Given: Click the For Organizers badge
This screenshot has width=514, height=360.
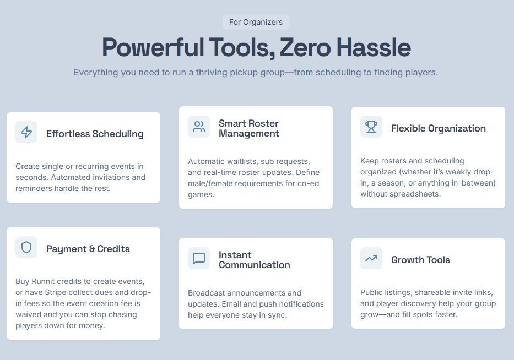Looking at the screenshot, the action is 256,22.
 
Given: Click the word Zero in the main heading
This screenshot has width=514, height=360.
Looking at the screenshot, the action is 305,47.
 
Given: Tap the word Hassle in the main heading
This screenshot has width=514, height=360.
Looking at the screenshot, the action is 374,47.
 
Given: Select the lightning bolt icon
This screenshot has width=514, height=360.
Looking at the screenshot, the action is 26,132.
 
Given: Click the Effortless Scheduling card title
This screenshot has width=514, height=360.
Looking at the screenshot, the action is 95,134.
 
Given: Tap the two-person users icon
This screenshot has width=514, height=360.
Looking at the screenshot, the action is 199,127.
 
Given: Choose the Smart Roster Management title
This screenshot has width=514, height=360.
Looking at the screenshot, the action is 249,128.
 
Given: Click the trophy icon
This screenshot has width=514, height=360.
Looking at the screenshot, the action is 371,127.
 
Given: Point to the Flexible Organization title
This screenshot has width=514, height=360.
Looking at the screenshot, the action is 439,128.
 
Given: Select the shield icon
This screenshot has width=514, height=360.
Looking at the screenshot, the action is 26,247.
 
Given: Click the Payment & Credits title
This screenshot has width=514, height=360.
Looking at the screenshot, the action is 88,249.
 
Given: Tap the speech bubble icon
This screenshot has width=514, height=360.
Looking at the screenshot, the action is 199,258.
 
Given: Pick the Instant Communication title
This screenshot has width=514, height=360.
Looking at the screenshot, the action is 255,260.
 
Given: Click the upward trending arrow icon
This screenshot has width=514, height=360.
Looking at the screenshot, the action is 371,259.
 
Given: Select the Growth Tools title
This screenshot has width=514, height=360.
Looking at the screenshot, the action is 420,260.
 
